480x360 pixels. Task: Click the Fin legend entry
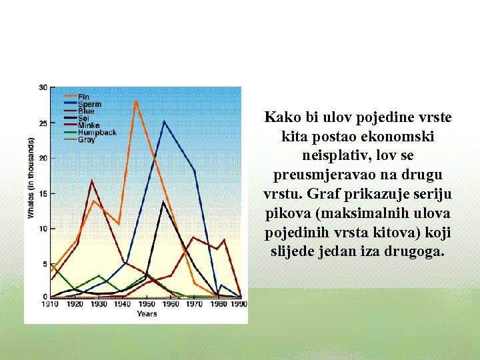point(84,97)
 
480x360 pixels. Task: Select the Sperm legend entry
point(89,104)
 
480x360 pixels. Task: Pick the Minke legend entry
point(89,125)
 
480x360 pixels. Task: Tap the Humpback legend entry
point(97,133)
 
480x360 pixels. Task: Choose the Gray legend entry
point(86,140)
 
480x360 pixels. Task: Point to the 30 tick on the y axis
point(43,88)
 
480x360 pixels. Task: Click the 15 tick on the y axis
point(43,193)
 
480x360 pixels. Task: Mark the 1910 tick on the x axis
point(50,304)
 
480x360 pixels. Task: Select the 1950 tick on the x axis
point(145,304)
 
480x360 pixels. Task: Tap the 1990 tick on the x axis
point(239,304)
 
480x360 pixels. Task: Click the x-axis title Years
point(147,313)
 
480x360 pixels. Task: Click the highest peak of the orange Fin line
point(135,101)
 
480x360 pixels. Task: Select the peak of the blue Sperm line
point(164,121)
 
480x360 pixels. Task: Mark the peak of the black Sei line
point(164,201)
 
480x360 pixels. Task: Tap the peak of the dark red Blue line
point(91,181)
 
